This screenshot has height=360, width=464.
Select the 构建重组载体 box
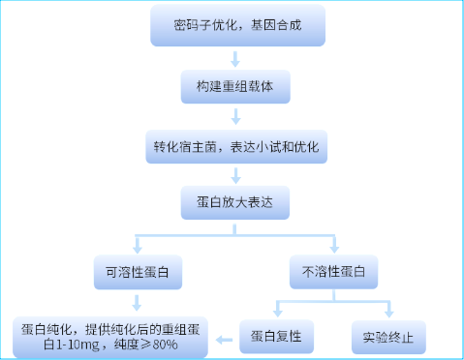click(236, 87)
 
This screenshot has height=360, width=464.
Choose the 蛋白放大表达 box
click(236, 205)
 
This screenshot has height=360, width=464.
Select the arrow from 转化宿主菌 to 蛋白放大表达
click(236, 176)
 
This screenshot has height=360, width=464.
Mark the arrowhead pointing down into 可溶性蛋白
click(138, 248)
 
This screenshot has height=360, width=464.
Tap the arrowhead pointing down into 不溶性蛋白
click(334, 248)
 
